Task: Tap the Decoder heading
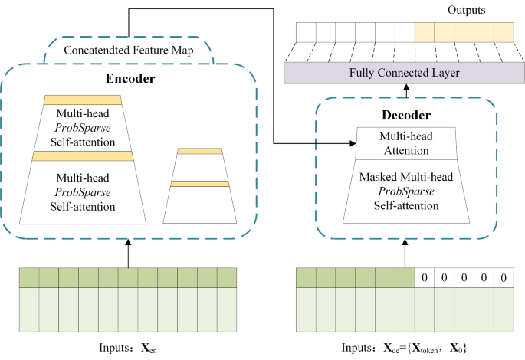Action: (407, 116)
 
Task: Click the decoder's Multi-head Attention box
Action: (407, 142)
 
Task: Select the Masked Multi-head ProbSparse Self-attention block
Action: (407, 191)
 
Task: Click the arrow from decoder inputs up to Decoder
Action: (405, 254)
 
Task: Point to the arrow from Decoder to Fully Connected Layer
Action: (406, 90)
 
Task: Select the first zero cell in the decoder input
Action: (424, 277)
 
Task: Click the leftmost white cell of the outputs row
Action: (306, 31)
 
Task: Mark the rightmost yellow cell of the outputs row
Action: (504, 31)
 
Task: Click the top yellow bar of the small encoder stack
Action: (199, 151)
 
